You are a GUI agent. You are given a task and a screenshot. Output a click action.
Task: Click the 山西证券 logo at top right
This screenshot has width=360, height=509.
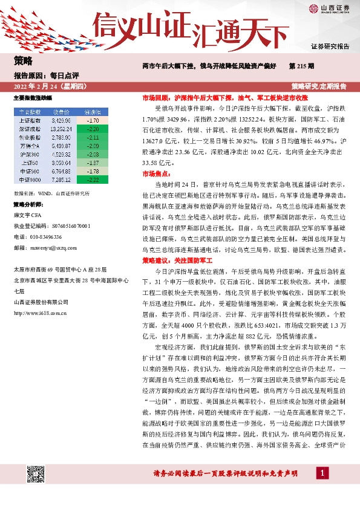[330, 8]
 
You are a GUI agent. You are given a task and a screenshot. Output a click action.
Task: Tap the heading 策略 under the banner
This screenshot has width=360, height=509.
[23, 60]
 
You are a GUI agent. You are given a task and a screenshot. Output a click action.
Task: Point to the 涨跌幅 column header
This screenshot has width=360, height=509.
[93, 112]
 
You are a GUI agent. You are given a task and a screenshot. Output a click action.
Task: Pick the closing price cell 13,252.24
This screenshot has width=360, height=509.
[62, 129]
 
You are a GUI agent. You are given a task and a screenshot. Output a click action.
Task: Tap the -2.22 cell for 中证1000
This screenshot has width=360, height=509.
[93, 180]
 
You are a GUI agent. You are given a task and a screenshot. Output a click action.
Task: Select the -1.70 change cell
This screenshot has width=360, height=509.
[93, 120]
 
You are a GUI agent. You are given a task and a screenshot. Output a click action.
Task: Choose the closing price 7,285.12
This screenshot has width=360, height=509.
[62, 180]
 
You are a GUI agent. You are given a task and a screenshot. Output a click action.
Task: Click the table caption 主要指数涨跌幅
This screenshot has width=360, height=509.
[33, 97]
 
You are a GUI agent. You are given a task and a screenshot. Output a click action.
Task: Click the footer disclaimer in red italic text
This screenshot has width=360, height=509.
[223, 473]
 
